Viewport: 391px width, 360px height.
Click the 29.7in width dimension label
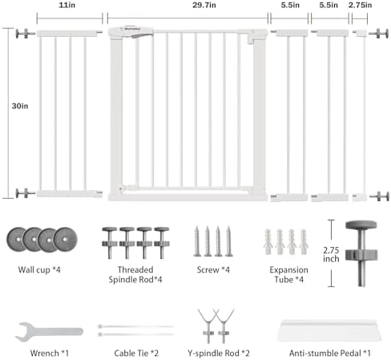[x=204, y=5]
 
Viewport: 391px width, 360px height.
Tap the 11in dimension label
[x=67, y=5]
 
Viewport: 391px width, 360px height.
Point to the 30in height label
[x=20, y=106]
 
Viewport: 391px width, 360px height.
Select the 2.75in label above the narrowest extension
[x=360, y=5]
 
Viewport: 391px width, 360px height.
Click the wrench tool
[x=50, y=332]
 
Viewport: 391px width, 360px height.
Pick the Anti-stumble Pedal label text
[x=330, y=353]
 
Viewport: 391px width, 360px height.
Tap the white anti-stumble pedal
[x=329, y=330]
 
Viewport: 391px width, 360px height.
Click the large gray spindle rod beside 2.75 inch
[x=361, y=253]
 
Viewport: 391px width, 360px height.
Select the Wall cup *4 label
[x=39, y=269]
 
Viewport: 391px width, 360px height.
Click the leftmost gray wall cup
[x=17, y=240]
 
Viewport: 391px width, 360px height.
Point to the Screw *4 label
[x=213, y=269]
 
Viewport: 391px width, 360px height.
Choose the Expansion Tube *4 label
[x=288, y=274]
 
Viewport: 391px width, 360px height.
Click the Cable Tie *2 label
[x=136, y=353]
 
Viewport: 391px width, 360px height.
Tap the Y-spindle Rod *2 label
[x=219, y=353]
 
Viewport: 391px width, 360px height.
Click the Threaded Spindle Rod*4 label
[x=135, y=274]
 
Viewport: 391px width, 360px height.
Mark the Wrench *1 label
[x=50, y=353]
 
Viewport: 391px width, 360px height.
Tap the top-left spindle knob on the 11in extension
[x=25, y=34]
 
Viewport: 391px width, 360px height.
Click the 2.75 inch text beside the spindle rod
[x=331, y=254]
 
